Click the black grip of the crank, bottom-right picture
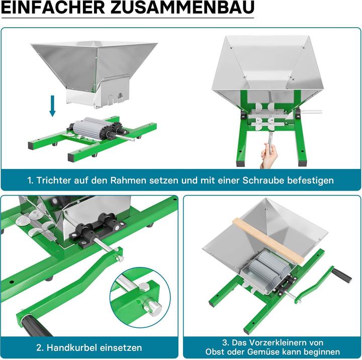342,275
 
